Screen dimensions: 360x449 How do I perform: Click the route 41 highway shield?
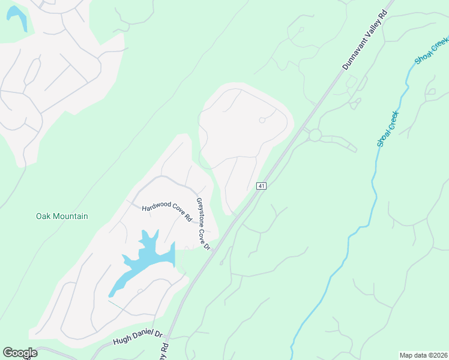261,186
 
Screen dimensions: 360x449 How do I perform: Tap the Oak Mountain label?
62,216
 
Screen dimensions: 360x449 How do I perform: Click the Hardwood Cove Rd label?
166,212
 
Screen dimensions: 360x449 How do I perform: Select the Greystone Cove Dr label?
203,224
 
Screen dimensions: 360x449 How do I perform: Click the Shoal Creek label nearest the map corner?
432,50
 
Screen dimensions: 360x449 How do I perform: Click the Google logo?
20,353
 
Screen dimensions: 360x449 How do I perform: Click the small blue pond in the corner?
17,18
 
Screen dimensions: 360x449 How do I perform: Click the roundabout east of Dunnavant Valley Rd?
315,135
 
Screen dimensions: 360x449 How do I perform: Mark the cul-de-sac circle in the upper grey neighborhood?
262,120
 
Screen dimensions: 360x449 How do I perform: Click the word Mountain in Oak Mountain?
71,216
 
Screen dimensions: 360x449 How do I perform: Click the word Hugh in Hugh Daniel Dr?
121,342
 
